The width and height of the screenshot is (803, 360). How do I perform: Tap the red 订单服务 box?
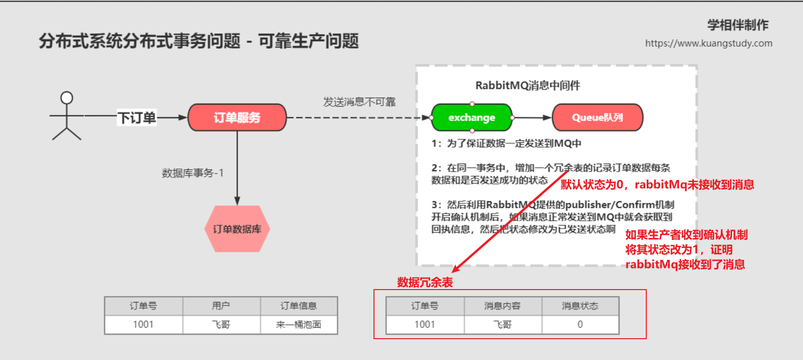pos(237,118)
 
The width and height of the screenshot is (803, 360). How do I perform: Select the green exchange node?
pos(472,118)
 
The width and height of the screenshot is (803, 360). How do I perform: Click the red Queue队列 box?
pos(597,118)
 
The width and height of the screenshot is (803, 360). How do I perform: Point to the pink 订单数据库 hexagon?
pos(237,229)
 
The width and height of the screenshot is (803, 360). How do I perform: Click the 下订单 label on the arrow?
pos(136,118)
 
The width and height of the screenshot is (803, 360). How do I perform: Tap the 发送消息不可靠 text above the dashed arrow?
pos(359,102)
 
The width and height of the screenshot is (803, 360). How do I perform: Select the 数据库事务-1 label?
pos(192,173)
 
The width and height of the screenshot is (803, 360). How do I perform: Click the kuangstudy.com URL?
pos(708,43)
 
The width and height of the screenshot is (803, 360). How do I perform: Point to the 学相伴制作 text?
pos(738,25)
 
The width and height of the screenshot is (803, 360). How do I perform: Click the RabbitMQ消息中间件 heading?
pos(527,85)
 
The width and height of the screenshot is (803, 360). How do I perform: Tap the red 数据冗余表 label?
pos(425,283)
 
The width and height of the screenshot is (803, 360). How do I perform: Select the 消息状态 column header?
pos(580,306)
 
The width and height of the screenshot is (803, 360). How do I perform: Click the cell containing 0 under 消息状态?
pos(580,325)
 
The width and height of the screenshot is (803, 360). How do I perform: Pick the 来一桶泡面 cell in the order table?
pos(299,325)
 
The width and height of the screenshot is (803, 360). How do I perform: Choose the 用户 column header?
pos(221,306)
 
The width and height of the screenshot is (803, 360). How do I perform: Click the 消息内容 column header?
pos(502,306)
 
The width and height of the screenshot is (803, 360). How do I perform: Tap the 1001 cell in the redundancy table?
pos(425,325)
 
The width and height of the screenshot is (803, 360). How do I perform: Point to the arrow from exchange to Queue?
pos(532,118)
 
